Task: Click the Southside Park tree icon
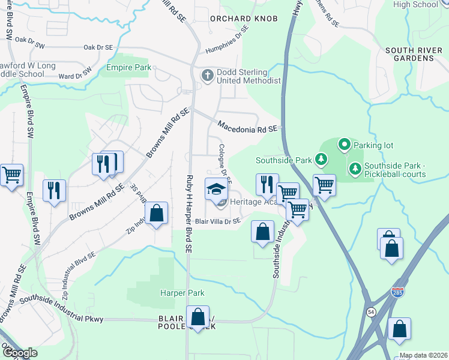click(322, 160)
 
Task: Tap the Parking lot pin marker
click(344, 144)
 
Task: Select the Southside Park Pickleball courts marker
click(355, 169)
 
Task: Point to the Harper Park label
click(182, 293)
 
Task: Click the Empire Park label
click(129, 68)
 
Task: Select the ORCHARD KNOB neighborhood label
click(244, 19)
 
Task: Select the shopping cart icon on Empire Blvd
click(11, 175)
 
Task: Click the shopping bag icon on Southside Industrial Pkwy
click(197, 317)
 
